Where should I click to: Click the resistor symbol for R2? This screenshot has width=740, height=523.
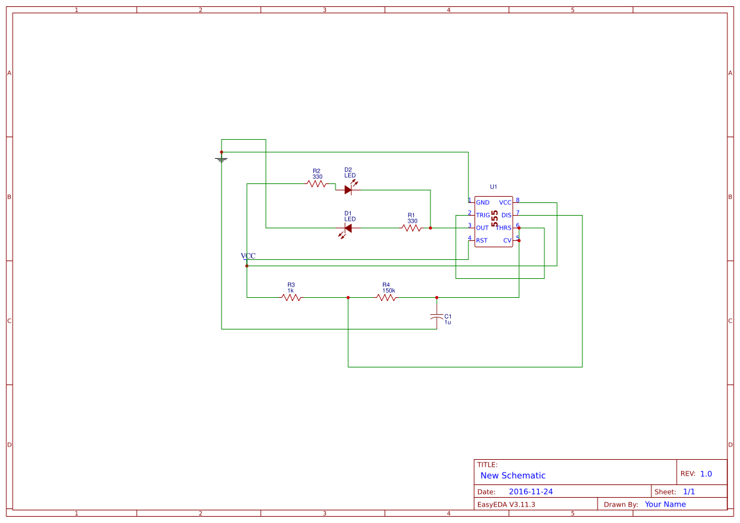(x=317, y=183)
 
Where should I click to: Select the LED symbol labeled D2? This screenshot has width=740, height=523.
(x=348, y=189)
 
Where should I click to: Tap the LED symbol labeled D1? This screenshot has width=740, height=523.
(x=348, y=228)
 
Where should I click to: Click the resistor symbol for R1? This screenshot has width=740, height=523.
(x=411, y=228)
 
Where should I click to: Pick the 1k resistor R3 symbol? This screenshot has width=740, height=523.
(x=291, y=297)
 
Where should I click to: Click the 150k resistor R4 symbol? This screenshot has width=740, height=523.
(x=386, y=297)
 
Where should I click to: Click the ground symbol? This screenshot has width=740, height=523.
(x=222, y=159)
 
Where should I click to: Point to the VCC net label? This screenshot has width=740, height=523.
(x=248, y=256)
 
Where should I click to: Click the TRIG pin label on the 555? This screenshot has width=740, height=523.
(x=483, y=215)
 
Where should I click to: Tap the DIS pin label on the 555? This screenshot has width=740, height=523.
(x=506, y=215)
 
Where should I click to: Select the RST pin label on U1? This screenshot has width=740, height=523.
(x=482, y=240)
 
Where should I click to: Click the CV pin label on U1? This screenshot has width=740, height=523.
(x=507, y=240)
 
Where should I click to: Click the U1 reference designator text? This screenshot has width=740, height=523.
(x=494, y=187)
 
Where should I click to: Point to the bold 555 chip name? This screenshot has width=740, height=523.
(x=494, y=219)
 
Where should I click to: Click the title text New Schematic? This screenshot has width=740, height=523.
(x=513, y=476)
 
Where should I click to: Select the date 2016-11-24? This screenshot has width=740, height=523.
(x=530, y=491)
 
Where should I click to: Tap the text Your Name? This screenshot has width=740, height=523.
(x=665, y=504)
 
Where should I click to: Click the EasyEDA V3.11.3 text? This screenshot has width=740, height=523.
(x=506, y=504)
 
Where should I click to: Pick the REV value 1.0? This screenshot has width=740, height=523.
(x=706, y=474)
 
